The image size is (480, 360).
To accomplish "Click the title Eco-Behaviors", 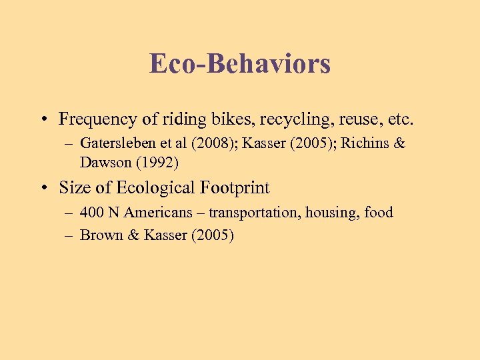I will point(240,64).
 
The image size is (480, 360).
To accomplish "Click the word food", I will point(378,213).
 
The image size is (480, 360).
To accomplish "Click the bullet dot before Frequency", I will point(42,120).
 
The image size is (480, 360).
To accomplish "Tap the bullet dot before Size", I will point(42,189).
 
